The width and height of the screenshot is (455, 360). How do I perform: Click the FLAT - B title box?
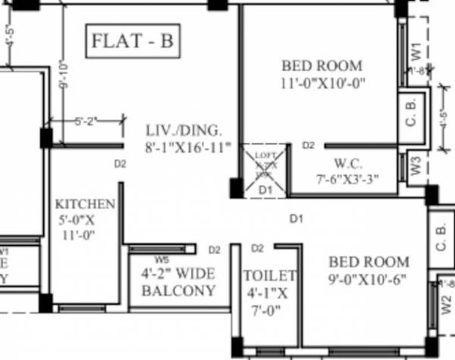(133, 42)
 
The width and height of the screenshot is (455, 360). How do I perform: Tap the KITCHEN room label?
(85, 205)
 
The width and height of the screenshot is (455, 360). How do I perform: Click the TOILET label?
(270, 276)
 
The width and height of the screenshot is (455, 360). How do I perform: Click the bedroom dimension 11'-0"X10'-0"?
(323, 83)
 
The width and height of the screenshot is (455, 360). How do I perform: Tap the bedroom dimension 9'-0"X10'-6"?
(368, 279)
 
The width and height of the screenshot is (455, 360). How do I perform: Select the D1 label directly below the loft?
(265, 189)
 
